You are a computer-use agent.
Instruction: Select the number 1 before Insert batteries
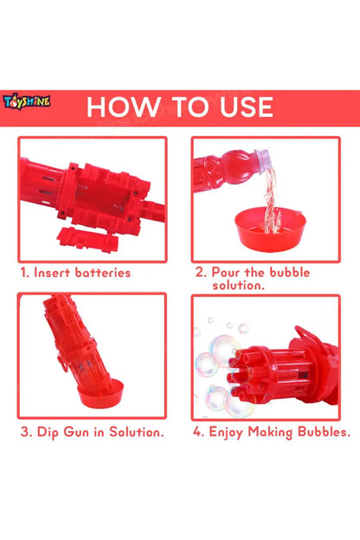[24, 272]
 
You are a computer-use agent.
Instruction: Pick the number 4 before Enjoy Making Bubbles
[198, 431]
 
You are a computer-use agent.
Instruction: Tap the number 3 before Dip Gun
[25, 431]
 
